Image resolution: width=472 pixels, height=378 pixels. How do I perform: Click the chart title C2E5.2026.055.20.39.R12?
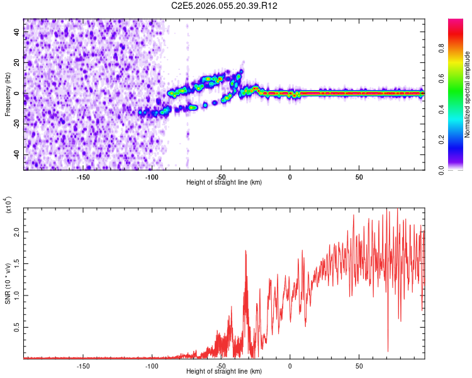tap(225, 6)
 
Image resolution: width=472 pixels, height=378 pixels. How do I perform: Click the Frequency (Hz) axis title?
tap(8, 94)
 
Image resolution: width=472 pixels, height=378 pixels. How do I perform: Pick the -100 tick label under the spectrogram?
tap(152, 177)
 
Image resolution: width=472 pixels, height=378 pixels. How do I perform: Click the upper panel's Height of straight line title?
tap(224, 183)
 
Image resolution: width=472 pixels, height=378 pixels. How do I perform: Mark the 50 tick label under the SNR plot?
tap(359, 366)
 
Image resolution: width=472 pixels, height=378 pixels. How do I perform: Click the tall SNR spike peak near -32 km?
tap(245, 251)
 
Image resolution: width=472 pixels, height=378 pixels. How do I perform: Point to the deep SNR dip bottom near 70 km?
tap(388, 351)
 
